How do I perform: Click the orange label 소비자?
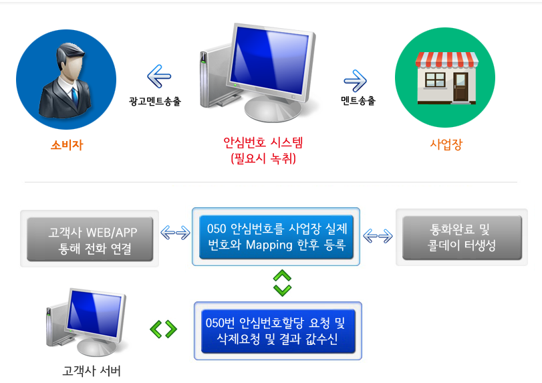(x=67, y=145)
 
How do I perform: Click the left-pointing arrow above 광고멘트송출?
(x=159, y=76)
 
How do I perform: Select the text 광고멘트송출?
(x=155, y=102)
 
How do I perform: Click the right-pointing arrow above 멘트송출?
(x=355, y=81)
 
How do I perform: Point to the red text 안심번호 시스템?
(x=263, y=142)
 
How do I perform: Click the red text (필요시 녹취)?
(x=263, y=158)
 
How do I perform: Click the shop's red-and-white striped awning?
(x=447, y=59)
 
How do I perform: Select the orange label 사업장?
(x=446, y=144)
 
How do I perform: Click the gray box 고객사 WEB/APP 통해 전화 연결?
(x=90, y=239)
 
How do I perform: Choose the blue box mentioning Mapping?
(x=276, y=237)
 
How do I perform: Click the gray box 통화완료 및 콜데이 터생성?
(x=462, y=237)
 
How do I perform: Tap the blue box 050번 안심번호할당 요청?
(x=278, y=331)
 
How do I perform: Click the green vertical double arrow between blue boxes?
(x=283, y=283)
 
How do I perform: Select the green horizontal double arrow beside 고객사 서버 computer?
(x=164, y=329)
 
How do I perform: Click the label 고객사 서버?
(x=92, y=371)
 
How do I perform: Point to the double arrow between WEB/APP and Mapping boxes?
(x=176, y=233)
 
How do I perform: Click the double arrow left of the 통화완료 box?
(x=378, y=236)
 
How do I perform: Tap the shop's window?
(x=435, y=80)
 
